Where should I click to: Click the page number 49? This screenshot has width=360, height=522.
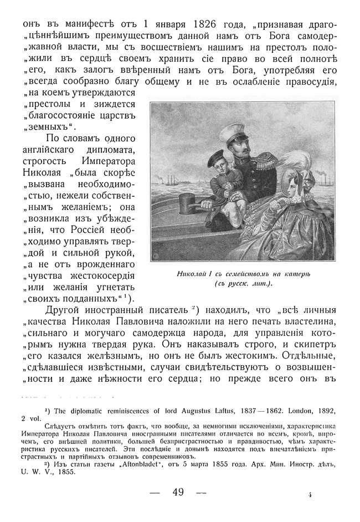pos(178,492)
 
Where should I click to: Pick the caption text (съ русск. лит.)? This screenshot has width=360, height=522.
pos(243,284)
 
